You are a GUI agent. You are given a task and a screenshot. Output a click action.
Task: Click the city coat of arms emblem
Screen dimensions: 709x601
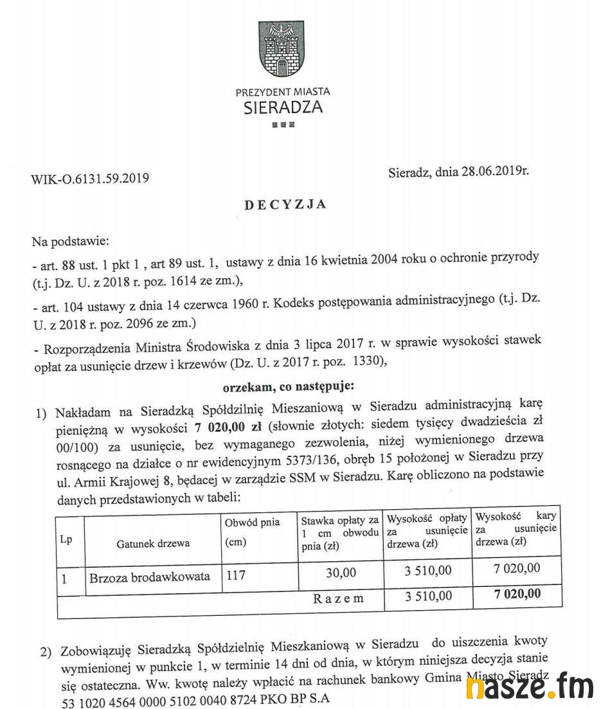(281, 50)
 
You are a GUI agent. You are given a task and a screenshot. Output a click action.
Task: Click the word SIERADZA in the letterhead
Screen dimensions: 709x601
(283, 107)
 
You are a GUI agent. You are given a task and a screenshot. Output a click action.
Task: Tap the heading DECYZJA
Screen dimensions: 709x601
(285, 205)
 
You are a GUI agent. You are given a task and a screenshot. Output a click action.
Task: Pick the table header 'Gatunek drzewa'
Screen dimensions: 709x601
(153, 543)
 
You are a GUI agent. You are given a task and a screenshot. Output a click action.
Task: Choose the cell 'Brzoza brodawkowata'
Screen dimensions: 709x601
(150, 577)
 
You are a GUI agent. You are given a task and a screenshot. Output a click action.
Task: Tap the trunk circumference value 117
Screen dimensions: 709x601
(235, 576)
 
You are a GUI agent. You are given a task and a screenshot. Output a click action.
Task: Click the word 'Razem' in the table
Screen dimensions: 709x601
(338, 598)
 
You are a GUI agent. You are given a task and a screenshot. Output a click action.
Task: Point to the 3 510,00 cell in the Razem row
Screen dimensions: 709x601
(428, 596)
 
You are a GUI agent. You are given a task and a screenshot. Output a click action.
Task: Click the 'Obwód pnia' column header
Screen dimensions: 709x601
(252, 523)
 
